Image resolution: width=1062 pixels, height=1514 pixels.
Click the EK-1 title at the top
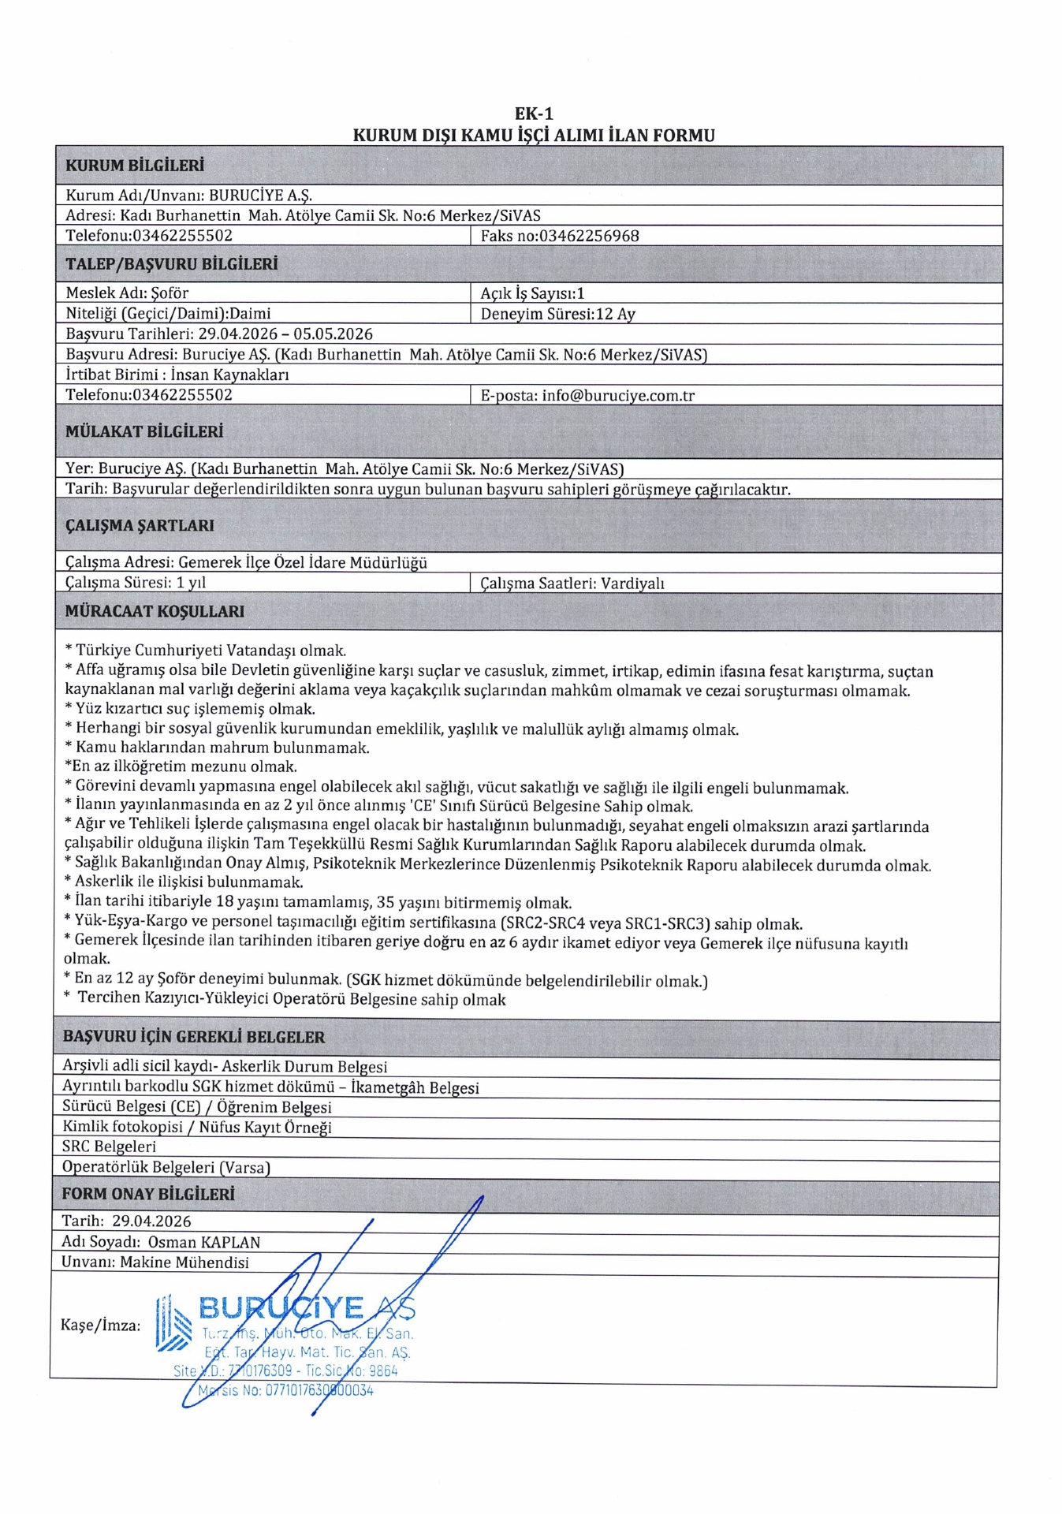tap(533, 114)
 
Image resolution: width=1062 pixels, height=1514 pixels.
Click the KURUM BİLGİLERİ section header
tap(134, 166)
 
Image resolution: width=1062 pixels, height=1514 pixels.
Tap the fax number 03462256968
tap(589, 236)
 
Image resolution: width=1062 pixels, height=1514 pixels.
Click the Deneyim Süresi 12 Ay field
tap(557, 314)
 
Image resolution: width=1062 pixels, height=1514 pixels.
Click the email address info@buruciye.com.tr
tap(618, 395)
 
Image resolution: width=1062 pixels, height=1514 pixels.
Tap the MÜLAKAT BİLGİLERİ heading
tap(143, 431)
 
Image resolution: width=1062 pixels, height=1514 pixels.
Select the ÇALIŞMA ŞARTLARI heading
tap(140, 525)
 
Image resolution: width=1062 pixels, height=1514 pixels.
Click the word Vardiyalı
tap(632, 584)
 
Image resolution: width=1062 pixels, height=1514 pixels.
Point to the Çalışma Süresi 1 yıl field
tap(136, 583)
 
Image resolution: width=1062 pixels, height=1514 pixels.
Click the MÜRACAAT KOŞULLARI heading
tap(155, 611)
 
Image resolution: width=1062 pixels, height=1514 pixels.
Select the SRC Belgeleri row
tap(109, 1147)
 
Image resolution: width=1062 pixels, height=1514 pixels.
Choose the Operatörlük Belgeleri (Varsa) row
tap(166, 1167)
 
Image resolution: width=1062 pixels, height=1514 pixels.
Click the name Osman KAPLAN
tap(204, 1242)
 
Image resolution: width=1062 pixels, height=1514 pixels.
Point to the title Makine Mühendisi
tap(184, 1262)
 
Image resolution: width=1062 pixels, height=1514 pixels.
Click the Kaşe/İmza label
tap(100, 1325)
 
